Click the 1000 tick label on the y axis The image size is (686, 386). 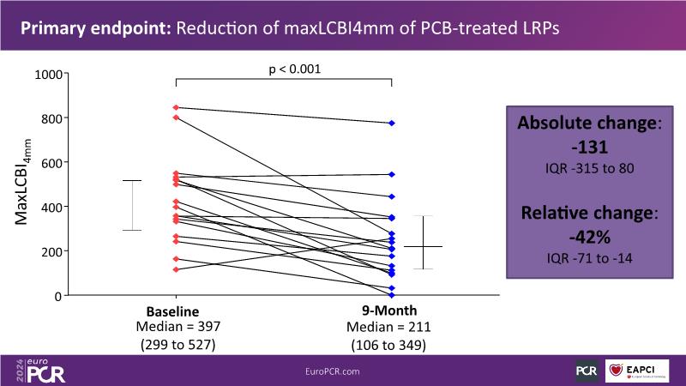coord(51,74)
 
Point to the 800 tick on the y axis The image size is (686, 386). coord(55,118)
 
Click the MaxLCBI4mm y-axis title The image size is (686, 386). coord(23,185)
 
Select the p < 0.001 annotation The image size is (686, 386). coord(283,69)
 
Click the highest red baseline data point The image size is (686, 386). coord(176,107)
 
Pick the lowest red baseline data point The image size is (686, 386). coord(176,269)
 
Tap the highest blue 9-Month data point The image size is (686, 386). coord(391,124)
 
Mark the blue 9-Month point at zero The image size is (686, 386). coord(391,295)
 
